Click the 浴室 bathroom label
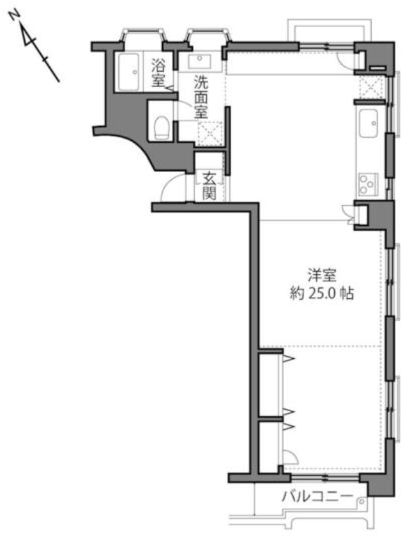pyautogui.click(x=158, y=73)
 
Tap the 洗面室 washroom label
pyautogui.click(x=201, y=97)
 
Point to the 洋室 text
pyautogui.click(x=322, y=274)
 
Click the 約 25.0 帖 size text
pyautogui.click(x=321, y=293)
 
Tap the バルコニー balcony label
pyautogui.click(x=317, y=497)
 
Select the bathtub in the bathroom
pyautogui.click(x=128, y=72)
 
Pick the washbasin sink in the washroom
pyautogui.click(x=199, y=62)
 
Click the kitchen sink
pyautogui.click(x=368, y=123)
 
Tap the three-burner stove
pyautogui.click(x=367, y=184)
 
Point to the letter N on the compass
pyautogui.click(x=14, y=15)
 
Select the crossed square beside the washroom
pyautogui.click(x=209, y=133)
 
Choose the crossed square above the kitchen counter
pyautogui.click(x=371, y=87)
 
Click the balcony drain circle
pyautogui.click(x=362, y=501)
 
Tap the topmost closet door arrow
pyautogui.click(x=288, y=359)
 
